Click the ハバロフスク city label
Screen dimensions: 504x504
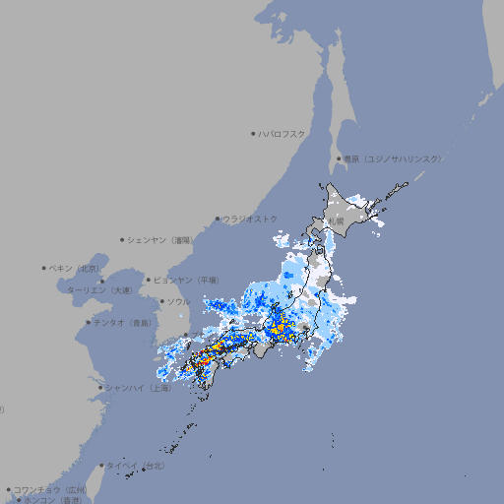click(283, 133)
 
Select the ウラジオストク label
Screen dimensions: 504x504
click(250, 219)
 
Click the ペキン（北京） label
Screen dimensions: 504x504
click(75, 268)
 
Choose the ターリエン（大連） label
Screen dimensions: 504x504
click(99, 290)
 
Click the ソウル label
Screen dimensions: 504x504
click(178, 301)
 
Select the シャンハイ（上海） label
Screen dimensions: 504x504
click(138, 388)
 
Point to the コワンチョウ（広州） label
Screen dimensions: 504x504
click(49, 489)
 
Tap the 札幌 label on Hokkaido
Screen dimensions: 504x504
click(337, 220)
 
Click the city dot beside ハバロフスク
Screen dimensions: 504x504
click(253, 133)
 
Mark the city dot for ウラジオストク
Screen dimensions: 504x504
click(218, 219)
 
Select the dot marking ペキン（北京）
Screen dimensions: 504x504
click(44, 268)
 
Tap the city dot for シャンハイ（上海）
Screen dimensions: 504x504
click(100, 388)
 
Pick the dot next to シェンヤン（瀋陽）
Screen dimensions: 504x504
click(122, 240)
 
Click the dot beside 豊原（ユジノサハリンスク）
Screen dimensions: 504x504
click(339, 158)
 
